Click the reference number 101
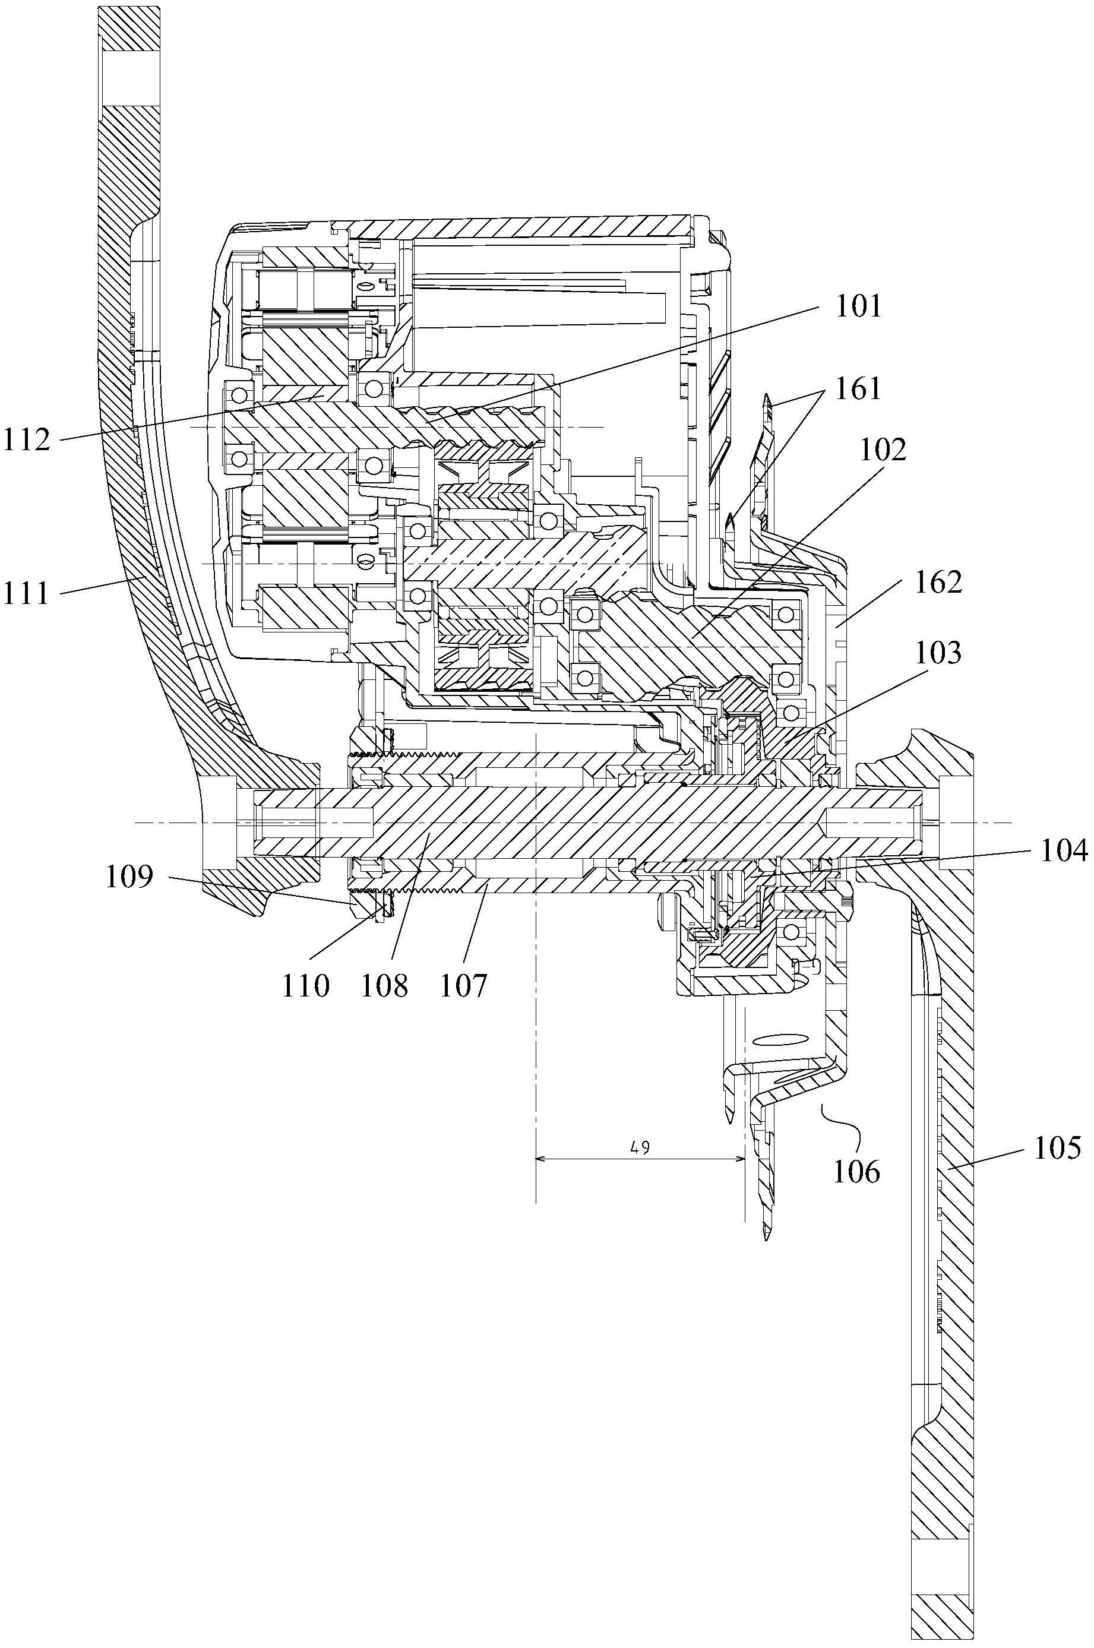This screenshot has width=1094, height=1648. [858, 306]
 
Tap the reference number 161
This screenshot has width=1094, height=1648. [858, 388]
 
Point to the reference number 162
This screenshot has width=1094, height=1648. [938, 582]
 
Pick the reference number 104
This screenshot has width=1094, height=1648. [1063, 850]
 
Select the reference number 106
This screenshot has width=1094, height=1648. [857, 1173]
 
